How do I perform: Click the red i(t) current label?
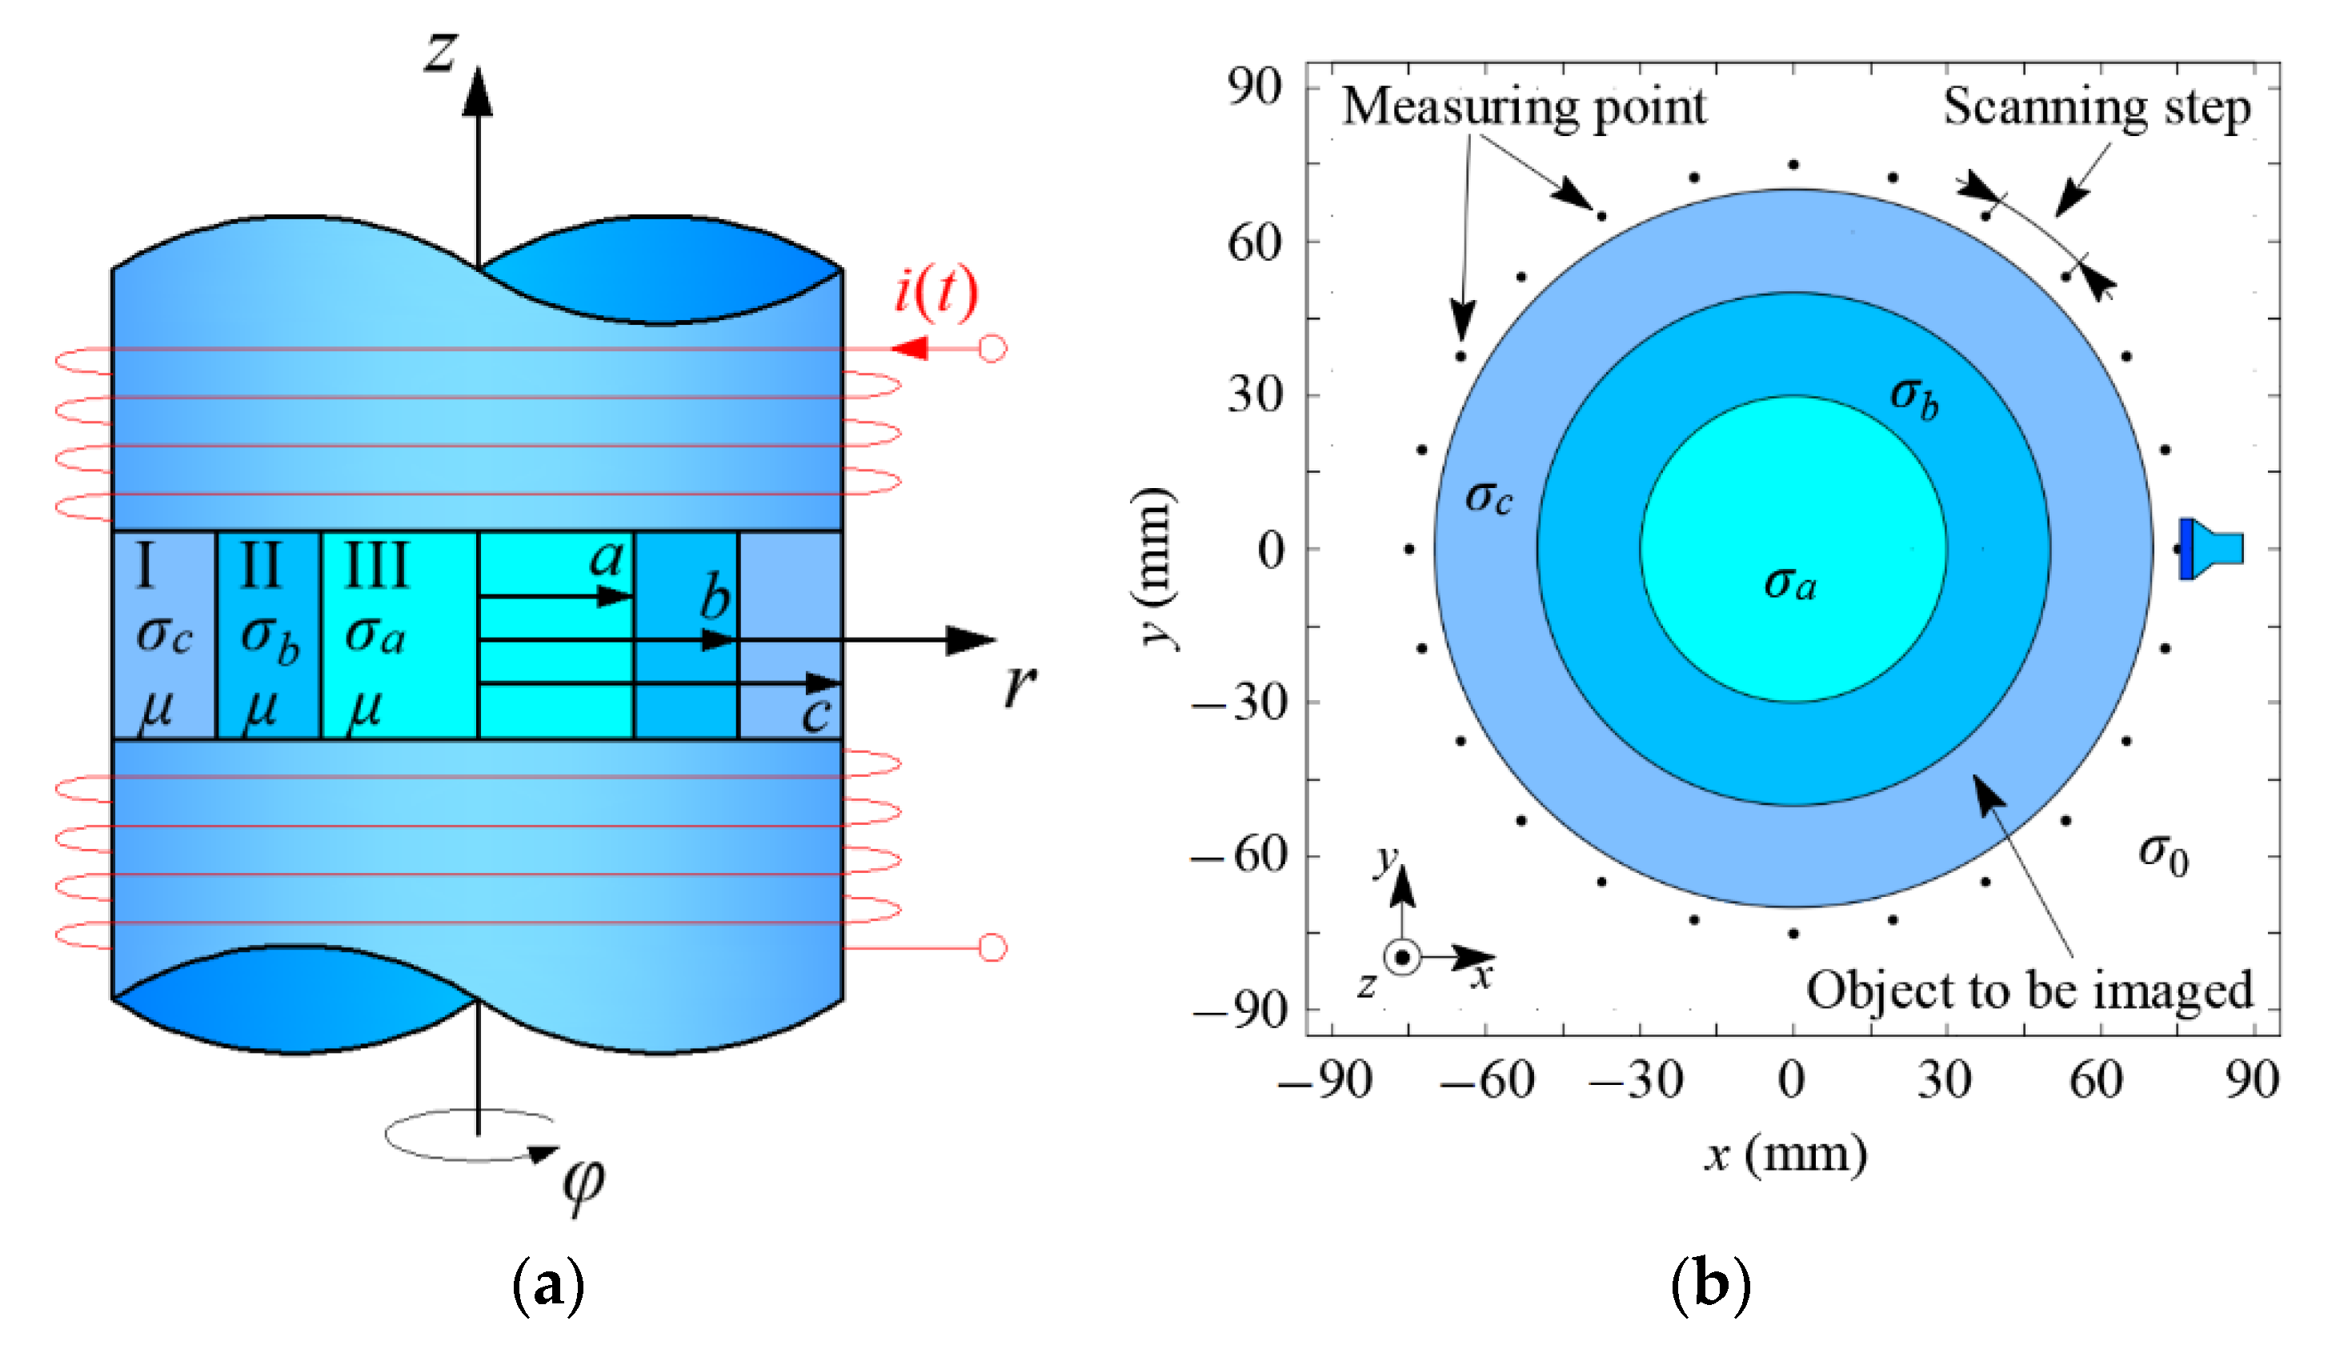(x=936, y=291)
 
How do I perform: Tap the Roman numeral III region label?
(x=376, y=565)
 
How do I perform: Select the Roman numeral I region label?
(x=145, y=565)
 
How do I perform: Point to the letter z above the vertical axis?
(x=442, y=51)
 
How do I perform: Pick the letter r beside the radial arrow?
(x=1020, y=685)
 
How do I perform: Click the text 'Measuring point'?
(x=1524, y=107)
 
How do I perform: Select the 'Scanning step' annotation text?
(x=2097, y=107)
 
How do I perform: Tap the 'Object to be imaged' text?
(x=2029, y=991)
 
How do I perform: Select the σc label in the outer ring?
(x=1489, y=498)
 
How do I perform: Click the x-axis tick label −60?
(x=1487, y=1080)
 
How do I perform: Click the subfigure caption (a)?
(x=548, y=1285)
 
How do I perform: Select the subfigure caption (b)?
(x=1710, y=1285)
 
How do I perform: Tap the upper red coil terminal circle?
(x=993, y=350)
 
